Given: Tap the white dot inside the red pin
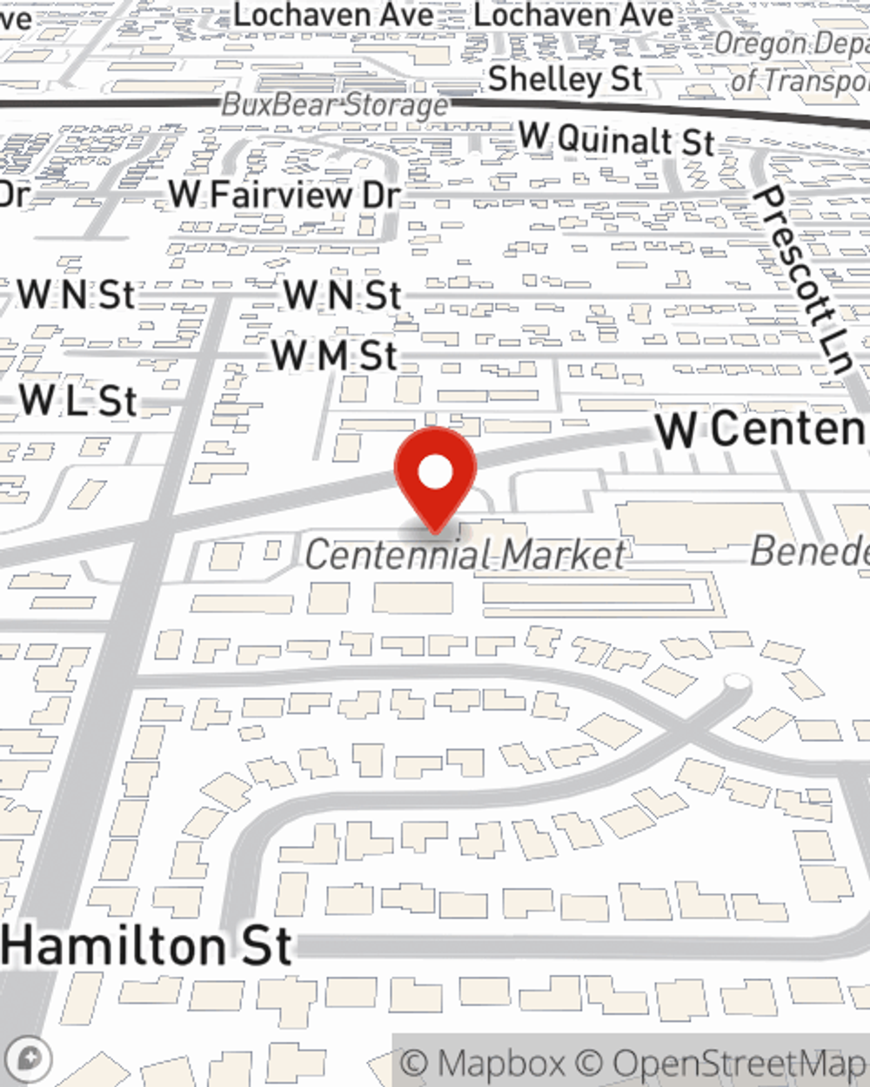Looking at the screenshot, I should click(x=435, y=473).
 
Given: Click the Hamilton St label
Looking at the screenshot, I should click(x=148, y=945).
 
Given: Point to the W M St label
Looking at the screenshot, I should click(x=335, y=356).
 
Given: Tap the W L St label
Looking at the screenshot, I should click(x=78, y=401).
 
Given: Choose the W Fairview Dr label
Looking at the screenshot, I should click(x=284, y=195).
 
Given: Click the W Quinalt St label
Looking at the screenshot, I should click(x=617, y=139).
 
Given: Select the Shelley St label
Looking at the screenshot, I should click(x=565, y=79).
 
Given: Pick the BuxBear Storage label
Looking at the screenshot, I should click(x=335, y=105).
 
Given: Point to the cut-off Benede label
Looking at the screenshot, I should click(x=809, y=551).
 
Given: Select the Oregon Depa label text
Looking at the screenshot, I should click(x=792, y=43).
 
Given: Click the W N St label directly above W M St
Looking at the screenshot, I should click(x=342, y=296).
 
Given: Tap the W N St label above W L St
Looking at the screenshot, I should click(x=77, y=294).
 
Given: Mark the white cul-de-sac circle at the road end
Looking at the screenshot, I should click(x=737, y=682).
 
